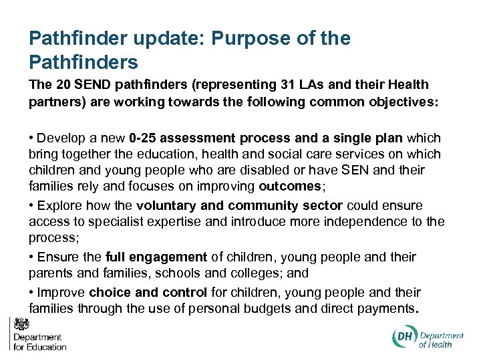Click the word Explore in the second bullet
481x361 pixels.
coord(59,205)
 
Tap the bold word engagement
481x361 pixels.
coord(175,257)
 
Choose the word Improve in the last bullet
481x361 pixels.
coord(61,292)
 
